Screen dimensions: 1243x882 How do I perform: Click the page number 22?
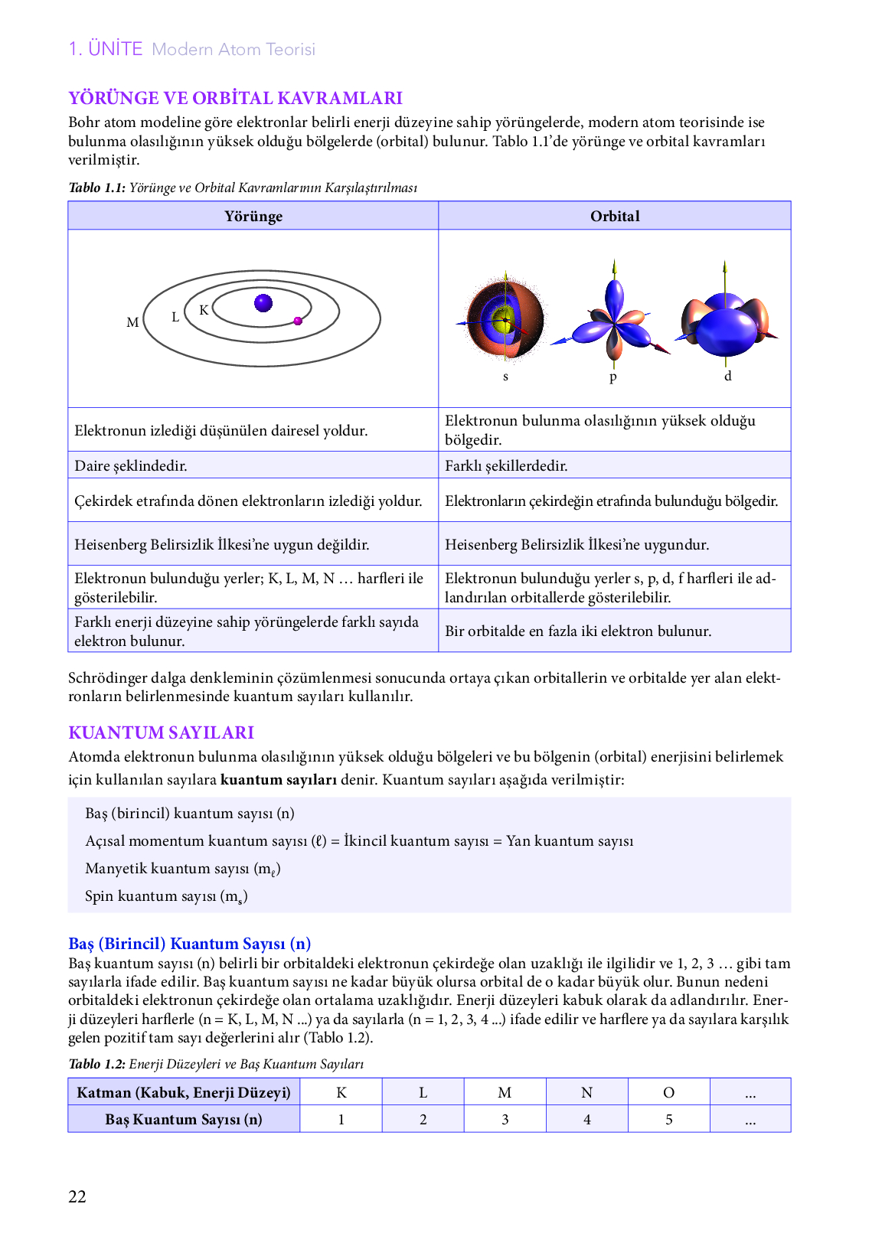click(x=77, y=1196)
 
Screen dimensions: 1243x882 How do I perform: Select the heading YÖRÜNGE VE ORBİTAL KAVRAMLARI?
click(x=235, y=98)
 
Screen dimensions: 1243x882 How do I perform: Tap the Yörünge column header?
click(x=253, y=216)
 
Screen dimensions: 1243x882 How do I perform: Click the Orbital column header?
click(x=615, y=216)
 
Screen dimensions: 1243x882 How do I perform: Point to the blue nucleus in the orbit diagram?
click(x=263, y=303)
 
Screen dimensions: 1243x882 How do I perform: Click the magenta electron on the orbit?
click(x=298, y=321)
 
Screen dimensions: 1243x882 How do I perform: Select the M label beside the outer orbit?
click(x=132, y=323)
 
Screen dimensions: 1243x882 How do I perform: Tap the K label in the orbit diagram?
click(x=204, y=310)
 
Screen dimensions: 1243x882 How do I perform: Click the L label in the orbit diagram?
click(x=175, y=317)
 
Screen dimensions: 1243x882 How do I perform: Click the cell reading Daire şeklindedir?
click(x=131, y=465)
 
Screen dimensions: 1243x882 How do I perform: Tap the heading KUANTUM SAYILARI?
click(x=161, y=732)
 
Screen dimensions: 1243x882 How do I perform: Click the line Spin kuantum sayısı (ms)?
click(x=166, y=896)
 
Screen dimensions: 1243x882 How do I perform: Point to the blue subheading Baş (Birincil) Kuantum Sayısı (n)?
click(x=189, y=944)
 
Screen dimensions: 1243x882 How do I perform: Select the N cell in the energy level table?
click(x=586, y=1092)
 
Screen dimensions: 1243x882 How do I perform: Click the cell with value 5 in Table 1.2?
click(x=668, y=1119)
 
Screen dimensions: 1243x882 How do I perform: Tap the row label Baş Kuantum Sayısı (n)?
click(x=184, y=1119)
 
